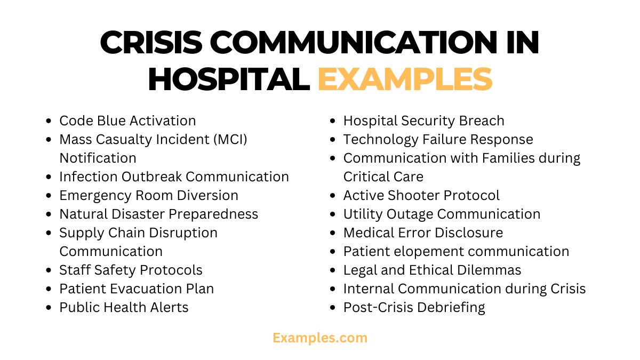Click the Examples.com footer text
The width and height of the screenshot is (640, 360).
[x=320, y=338]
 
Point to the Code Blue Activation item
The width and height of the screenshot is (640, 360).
[x=127, y=121]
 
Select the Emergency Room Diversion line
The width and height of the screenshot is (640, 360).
[x=148, y=196]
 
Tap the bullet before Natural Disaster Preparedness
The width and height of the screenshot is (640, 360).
[x=50, y=214]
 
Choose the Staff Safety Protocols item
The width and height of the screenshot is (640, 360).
[x=131, y=270]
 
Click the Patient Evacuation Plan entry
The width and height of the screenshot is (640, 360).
[x=137, y=289]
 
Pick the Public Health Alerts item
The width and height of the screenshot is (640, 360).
[x=124, y=308]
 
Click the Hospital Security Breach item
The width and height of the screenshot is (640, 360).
[x=423, y=121]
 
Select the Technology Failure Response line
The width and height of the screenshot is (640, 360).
[x=438, y=140]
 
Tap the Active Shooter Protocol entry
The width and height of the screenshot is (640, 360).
[x=421, y=196]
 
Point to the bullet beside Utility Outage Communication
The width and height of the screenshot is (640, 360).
[x=333, y=214]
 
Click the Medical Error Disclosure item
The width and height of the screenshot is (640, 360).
[x=423, y=233]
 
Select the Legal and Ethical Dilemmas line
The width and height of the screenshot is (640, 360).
[x=432, y=270]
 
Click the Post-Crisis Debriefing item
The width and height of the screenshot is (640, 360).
[x=414, y=308]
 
